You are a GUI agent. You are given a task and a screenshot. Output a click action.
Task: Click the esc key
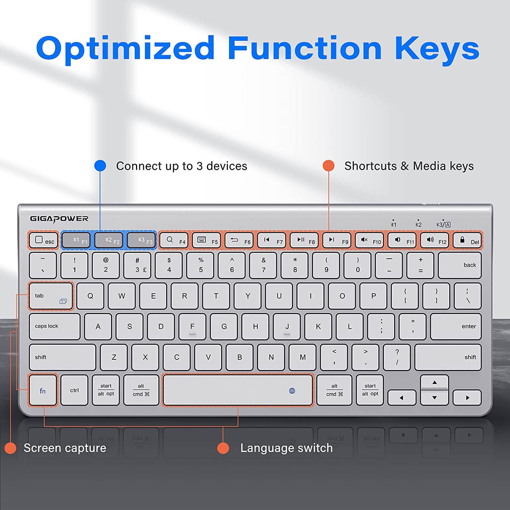(44, 240)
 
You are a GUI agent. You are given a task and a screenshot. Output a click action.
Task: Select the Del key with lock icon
(468, 240)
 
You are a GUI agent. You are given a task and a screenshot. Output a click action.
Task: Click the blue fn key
(43, 390)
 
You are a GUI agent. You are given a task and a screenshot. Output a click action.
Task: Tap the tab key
(51, 296)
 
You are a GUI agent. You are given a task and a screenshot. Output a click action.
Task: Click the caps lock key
(55, 326)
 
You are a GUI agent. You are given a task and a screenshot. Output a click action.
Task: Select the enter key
(456, 326)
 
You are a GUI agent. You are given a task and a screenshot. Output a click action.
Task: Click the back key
(460, 265)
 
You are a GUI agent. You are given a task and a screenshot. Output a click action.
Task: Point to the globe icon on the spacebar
(292, 391)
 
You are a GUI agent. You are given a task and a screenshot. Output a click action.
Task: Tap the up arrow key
(435, 382)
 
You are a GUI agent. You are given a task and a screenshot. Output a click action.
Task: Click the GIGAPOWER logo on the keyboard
(59, 219)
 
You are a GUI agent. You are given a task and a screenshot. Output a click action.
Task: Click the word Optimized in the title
(125, 48)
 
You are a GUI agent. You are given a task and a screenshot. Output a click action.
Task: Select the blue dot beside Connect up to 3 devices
(100, 166)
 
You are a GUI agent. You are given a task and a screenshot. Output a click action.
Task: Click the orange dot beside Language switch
(223, 448)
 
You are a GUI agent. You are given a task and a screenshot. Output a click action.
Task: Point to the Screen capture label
(65, 448)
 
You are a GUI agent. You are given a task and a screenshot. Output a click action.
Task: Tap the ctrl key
(74, 390)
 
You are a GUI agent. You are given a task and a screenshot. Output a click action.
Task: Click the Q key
(90, 296)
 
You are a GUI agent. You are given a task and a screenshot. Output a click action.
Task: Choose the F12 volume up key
(435, 240)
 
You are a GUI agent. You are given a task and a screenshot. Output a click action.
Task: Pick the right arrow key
(468, 397)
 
